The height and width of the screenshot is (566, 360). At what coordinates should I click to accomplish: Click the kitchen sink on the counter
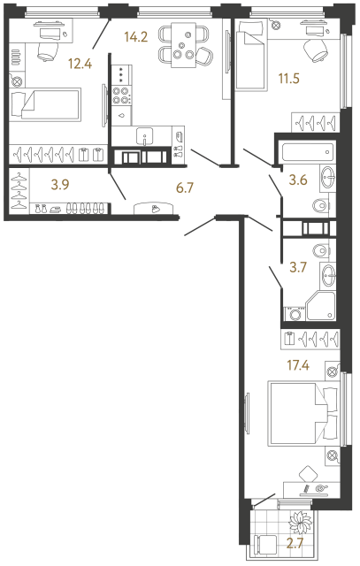pyautogui.click(x=147, y=136)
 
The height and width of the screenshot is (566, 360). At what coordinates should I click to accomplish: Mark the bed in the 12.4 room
pyautogui.click(x=45, y=105)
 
